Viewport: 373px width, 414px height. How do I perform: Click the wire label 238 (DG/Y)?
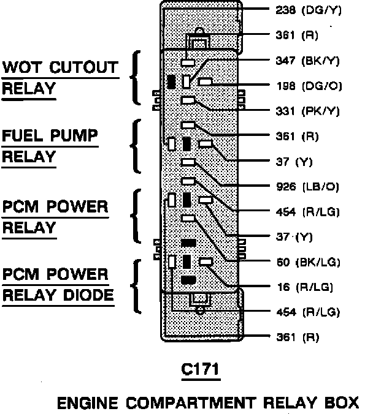305,10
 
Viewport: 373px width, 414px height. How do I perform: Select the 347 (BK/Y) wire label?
306,61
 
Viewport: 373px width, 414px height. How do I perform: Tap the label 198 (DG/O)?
305,86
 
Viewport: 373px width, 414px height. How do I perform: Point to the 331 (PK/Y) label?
306,111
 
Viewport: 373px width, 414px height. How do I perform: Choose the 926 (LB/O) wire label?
306,186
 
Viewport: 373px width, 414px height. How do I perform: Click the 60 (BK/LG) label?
306,262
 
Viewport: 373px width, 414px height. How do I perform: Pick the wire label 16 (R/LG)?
305,287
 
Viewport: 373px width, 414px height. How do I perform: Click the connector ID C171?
200,371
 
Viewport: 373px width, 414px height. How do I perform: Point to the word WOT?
24,67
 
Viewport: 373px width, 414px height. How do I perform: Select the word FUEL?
26,135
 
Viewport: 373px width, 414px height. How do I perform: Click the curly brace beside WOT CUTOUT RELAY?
134,78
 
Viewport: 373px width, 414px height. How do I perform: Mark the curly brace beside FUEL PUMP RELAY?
134,146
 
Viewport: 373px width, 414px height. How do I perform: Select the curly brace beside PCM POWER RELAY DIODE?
134,285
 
